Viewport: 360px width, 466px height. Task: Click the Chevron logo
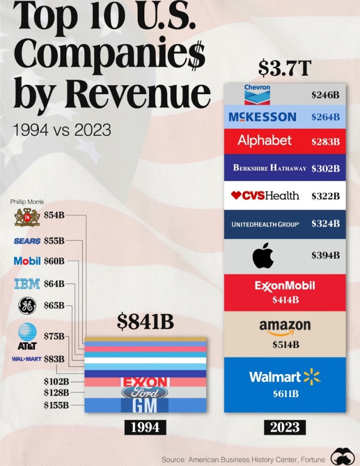click(257, 95)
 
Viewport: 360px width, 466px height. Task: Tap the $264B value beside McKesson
click(326, 117)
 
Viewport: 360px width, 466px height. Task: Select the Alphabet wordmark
click(265, 141)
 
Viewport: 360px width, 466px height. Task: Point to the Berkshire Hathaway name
click(270, 168)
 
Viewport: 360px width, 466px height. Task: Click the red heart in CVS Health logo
click(236, 195)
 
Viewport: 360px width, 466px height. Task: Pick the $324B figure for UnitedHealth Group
click(326, 224)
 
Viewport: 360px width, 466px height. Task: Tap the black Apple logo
click(263, 256)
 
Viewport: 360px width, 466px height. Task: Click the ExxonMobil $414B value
click(285, 300)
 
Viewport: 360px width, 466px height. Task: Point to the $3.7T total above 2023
click(284, 68)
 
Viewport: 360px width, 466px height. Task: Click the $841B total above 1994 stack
click(145, 321)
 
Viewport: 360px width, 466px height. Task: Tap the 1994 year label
click(145, 427)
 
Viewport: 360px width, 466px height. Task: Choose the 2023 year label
click(285, 427)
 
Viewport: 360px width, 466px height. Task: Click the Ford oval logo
click(145, 393)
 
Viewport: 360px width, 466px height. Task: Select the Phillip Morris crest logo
click(27, 217)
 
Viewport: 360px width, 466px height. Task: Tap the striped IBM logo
click(27, 284)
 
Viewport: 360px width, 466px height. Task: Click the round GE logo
click(27, 306)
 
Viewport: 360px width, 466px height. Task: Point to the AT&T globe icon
click(27, 332)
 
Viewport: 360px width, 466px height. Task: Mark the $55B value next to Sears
click(54, 241)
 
